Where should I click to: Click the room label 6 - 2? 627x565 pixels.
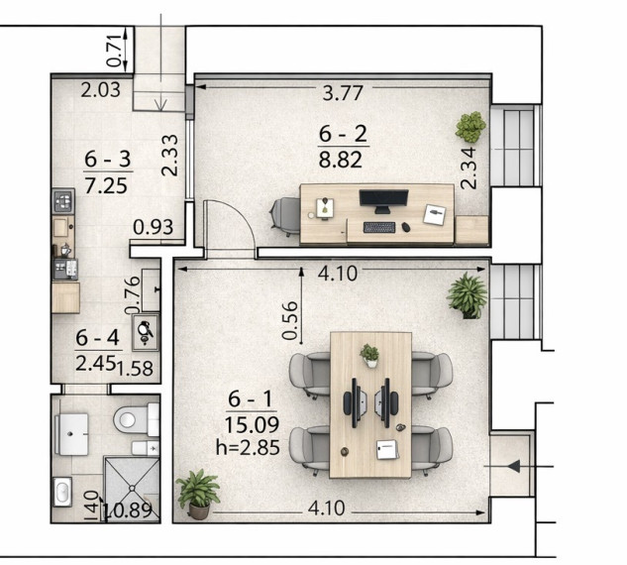click(343, 134)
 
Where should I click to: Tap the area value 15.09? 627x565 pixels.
click(252, 425)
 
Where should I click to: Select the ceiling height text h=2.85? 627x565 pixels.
click(248, 448)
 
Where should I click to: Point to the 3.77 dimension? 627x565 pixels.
click(343, 93)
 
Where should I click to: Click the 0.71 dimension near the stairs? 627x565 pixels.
click(114, 51)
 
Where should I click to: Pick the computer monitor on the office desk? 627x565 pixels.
click(383, 201)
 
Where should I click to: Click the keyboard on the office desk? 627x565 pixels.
click(379, 227)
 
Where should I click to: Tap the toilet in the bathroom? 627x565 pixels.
click(136, 419)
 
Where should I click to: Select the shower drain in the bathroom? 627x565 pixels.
click(132, 488)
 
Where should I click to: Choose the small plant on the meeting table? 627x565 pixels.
click(369, 355)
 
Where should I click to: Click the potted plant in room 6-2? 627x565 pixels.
click(470, 127)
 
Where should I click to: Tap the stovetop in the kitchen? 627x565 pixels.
click(63, 200)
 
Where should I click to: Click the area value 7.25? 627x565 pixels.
click(106, 186)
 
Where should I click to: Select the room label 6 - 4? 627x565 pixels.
click(97, 338)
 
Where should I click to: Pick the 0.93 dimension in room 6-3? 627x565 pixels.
click(154, 227)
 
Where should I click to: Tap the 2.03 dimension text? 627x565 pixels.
click(100, 90)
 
